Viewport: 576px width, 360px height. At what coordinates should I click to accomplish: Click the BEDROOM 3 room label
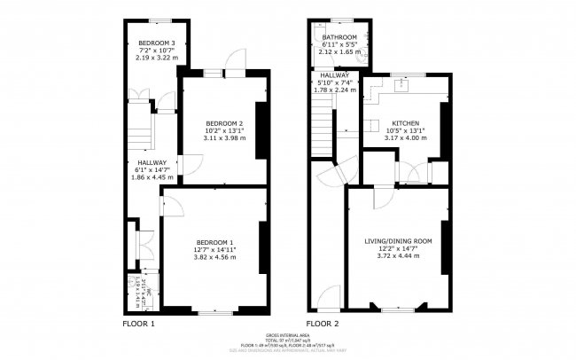click(x=155, y=43)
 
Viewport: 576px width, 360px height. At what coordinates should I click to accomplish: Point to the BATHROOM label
click(x=339, y=37)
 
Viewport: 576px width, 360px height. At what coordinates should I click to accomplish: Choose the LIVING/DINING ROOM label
click(x=398, y=241)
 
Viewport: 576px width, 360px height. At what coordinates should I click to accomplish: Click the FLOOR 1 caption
click(x=138, y=325)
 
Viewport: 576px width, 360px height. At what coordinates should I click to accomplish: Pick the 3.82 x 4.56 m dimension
click(x=215, y=257)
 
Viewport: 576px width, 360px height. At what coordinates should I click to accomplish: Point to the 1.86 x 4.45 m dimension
click(x=148, y=177)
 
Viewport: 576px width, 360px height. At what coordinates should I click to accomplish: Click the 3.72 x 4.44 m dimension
click(x=398, y=255)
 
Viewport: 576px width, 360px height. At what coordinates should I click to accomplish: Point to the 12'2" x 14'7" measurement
click(x=398, y=248)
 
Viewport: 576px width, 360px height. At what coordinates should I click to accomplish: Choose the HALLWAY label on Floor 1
click(x=149, y=162)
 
